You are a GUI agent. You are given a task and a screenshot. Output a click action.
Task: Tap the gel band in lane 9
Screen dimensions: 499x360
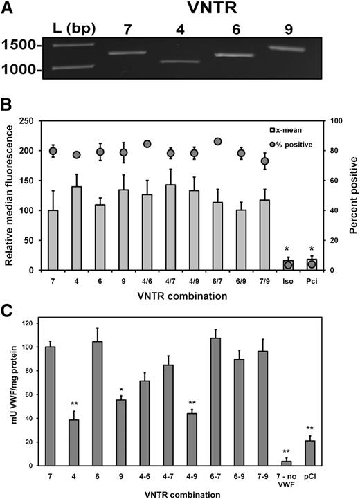(290, 48)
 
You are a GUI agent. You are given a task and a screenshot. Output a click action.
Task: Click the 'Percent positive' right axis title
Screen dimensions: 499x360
(351, 194)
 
